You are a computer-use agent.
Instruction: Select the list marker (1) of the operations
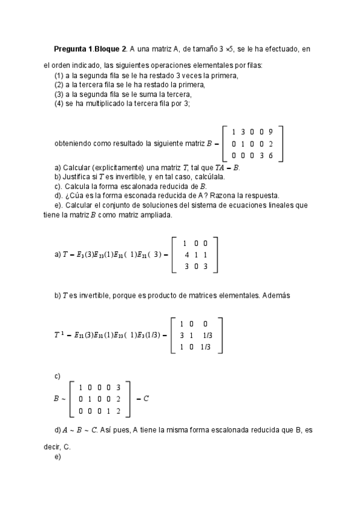[59, 75]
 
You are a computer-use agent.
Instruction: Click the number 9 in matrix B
[270, 132]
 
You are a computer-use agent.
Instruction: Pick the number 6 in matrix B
[270, 155]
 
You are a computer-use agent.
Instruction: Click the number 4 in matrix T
[186, 255]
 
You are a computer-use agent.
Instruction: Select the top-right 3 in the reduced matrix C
[118, 387]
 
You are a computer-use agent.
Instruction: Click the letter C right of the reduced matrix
[146, 398]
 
